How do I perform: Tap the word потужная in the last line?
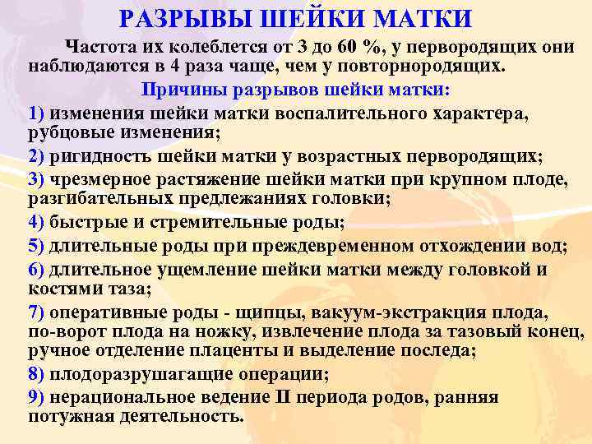tap(67, 416)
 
